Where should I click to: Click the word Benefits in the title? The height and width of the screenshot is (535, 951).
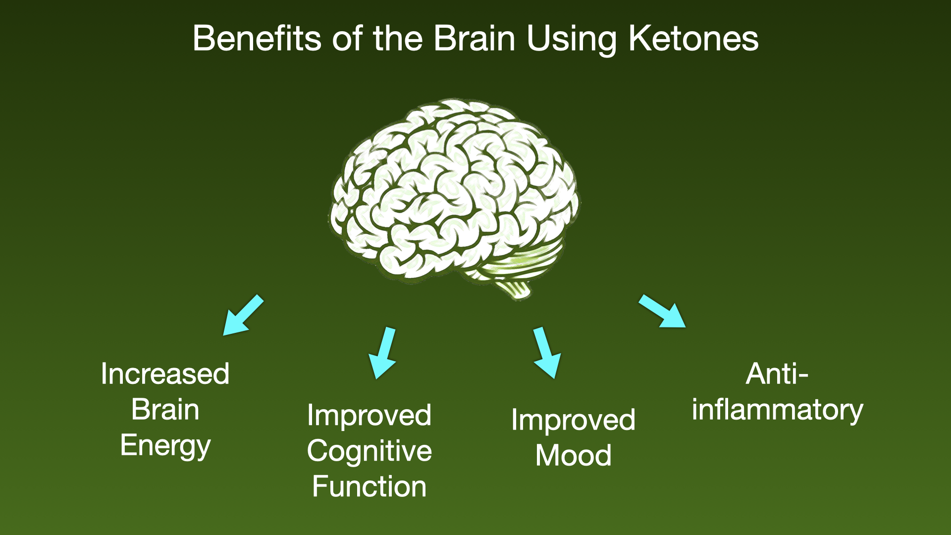point(258,38)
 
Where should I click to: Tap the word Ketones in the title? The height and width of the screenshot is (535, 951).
point(693,38)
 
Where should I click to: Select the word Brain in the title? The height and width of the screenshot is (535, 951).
point(475,38)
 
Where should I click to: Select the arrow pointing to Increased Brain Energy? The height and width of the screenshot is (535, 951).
point(243,315)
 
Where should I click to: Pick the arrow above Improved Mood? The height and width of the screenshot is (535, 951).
point(547,353)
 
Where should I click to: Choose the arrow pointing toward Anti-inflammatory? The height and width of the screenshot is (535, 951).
point(662,311)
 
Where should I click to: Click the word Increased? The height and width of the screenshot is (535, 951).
point(165,374)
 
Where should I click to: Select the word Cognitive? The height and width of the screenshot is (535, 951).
point(370,452)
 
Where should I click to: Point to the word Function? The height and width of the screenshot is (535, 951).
point(370,486)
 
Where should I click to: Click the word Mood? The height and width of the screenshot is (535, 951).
point(574,455)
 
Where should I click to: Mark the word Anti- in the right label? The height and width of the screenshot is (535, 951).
point(777,374)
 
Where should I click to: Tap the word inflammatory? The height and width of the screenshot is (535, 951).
point(778,411)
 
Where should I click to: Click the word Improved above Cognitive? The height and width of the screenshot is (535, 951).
point(370,416)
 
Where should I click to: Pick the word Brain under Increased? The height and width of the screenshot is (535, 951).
point(165,410)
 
